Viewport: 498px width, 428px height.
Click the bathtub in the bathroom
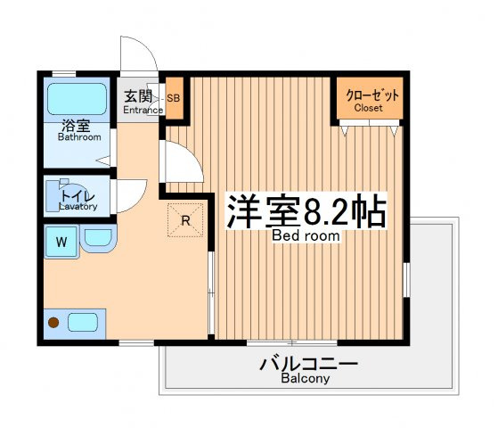pos(77,99)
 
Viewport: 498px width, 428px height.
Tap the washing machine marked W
pos(61,242)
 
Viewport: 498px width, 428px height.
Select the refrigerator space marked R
pos(185,220)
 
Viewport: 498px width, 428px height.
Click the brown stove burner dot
pos(53,323)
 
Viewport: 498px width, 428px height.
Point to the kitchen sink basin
pos(83,323)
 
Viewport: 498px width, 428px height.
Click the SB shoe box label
pos(174,98)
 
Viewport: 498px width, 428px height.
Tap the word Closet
pos(368,108)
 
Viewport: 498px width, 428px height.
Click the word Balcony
pos(306,378)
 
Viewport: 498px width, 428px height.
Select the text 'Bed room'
pos(306,235)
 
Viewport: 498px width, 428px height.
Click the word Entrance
pos(143,110)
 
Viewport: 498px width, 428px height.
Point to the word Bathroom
pos(79,137)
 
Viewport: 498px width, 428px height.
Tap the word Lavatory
pos(78,206)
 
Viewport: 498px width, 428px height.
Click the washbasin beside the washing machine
pos(99,238)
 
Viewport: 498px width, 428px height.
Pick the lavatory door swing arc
pos(140,202)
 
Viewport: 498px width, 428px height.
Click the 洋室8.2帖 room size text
pos(306,210)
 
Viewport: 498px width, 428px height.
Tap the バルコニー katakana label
pos(309,365)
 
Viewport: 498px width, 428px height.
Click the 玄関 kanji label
pos(138,96)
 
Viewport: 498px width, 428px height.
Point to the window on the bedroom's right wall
pos(406,280)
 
